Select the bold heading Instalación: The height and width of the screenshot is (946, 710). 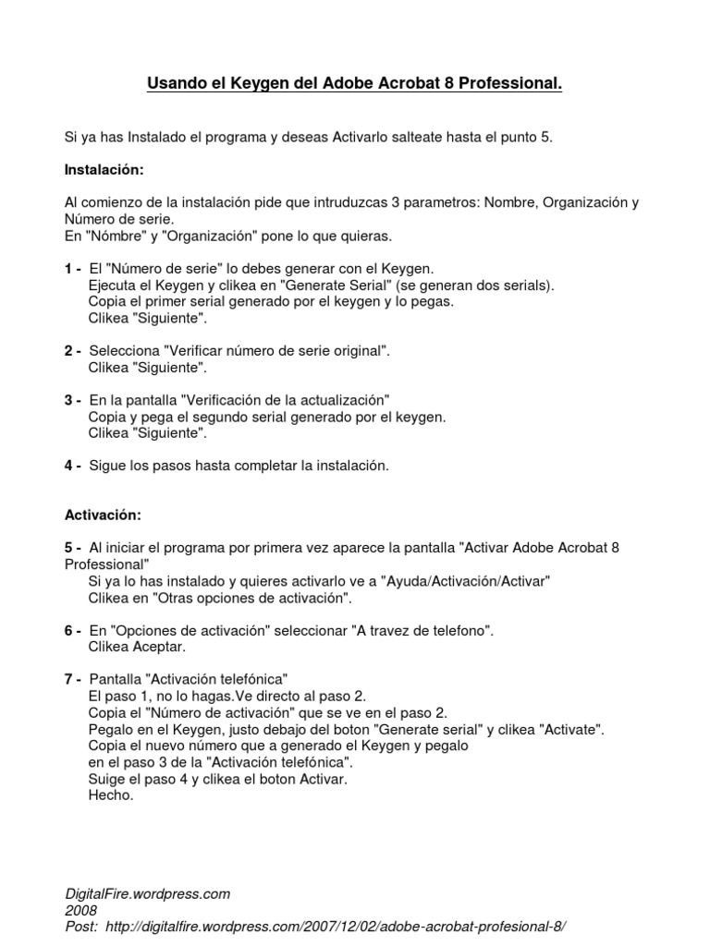(x=104, y=170)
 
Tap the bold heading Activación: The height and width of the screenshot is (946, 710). (x=102, y=514)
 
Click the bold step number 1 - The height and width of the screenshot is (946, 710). (x=73, y=268)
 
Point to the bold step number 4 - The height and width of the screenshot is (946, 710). (x=73, y=466)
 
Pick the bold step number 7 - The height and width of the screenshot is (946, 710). (x=73, y=679)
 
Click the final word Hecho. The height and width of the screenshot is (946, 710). (x=111, y=796)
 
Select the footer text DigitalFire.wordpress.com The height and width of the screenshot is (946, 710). (x=147, y=893)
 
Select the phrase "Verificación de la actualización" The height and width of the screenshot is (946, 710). (x=286, y=399)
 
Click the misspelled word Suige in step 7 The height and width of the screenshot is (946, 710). (x=105, y=780)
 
